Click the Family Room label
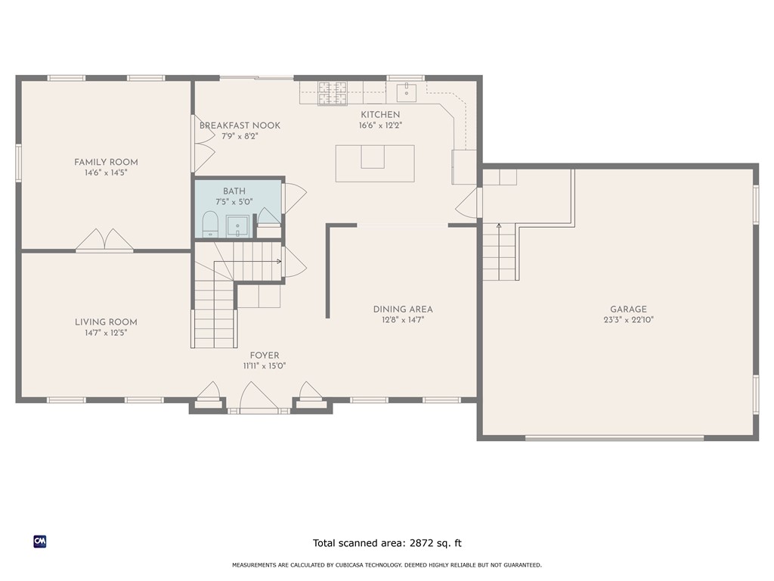[x=106, y=162]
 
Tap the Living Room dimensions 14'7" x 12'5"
[x=106, y=332]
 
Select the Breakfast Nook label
[x=240, y=126]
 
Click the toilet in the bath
[x=210, y=224]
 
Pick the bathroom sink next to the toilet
[x=237, y=225]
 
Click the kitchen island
[x=375, y=163]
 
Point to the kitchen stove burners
[x=332, y=92]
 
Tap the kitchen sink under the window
[x=407, y=92]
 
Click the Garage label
[x=628, y=309]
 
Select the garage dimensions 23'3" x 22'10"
[x=628, y=320]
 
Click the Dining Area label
[x=403, y=309]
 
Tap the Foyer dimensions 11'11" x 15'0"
[x=264, y=366]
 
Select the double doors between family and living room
[x=104, y=241]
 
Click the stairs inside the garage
[x=499, y=253]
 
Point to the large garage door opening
[x=615, y=437]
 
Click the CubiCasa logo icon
[x=40, y=541]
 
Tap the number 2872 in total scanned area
[x=423, y=542]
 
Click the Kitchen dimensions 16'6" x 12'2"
[x=380, y=126]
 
